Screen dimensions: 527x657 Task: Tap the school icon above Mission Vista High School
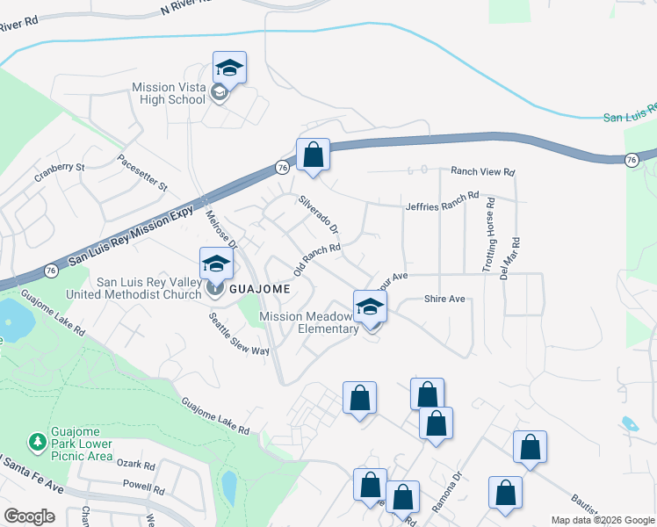tap(229, 68)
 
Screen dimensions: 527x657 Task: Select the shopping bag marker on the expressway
tap(313, 155)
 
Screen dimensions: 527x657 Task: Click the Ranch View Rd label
tap(482, 172)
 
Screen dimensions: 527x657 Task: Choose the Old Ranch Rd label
tap(316, 260)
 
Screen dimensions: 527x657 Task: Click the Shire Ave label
tap(444, 300)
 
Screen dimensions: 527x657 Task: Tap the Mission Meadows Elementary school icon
tap(371, 307)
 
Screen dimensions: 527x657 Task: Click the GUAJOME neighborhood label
tap(255, 288)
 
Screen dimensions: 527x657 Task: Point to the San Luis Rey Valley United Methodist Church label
tap(148, 288)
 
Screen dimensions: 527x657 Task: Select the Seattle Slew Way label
tap(238, 334)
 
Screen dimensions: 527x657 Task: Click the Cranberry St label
tap(60, 166)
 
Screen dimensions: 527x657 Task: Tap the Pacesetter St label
tap(142, 174)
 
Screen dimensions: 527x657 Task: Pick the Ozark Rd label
tap(138, 466)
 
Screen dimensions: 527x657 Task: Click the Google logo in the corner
tap(29, 516)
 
